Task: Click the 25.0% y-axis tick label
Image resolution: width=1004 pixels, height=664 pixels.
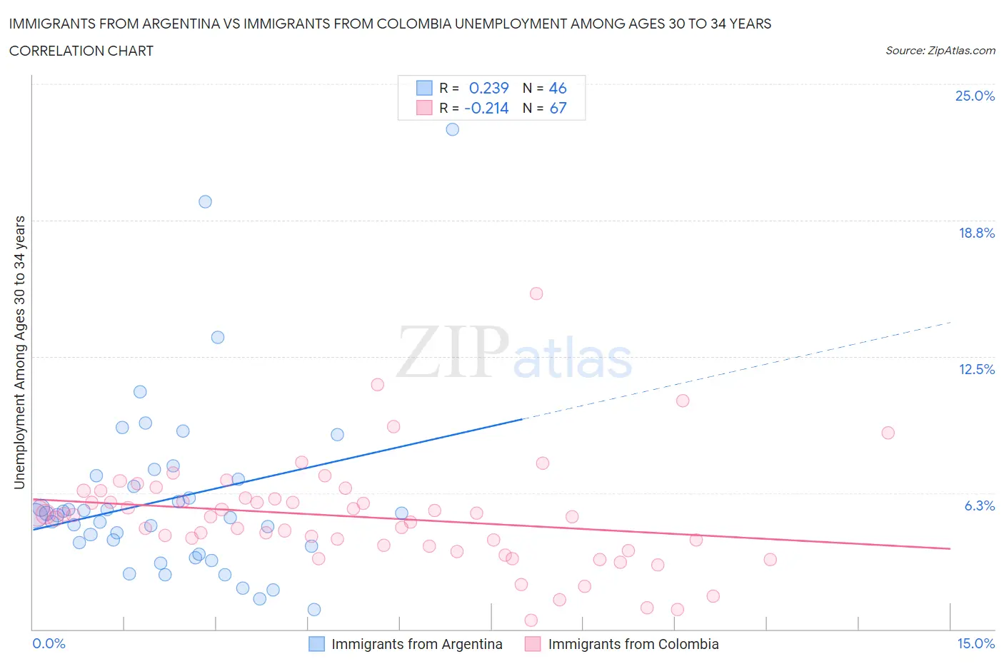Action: point(975,96)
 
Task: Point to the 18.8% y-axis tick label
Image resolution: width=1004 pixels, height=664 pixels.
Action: point(976,233)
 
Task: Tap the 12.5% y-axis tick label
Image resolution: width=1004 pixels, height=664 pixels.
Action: point(976,369)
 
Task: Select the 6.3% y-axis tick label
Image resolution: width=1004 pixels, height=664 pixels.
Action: point(979,505)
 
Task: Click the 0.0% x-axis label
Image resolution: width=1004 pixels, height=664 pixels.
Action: point(49,643)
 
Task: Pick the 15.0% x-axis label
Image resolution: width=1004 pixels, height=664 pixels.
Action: point(975,643)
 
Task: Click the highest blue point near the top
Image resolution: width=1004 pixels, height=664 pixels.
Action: point(452,129)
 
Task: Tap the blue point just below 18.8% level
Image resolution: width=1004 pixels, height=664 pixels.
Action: point(205,201)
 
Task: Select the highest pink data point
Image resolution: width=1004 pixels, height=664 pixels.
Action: point(536,293)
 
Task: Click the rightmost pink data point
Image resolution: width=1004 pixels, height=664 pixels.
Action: point(888,433)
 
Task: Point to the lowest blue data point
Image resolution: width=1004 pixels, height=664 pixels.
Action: point(314,609)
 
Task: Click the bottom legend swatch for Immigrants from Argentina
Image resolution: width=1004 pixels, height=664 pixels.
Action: point(316,644)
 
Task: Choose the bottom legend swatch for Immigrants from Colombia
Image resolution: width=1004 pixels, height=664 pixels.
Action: point(533,644)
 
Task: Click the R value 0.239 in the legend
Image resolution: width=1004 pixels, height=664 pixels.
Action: point(488,88)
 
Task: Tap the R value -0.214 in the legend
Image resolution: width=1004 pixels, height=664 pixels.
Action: point(486,108)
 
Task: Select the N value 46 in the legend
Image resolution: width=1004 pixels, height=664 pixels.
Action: point(558,88)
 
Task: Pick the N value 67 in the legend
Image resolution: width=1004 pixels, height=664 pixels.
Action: point(558,108)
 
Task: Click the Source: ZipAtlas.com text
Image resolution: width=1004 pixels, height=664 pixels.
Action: point(940,51)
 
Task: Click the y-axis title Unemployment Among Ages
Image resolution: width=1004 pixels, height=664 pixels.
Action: point(19,352)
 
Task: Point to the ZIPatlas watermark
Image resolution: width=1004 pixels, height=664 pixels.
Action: point(514,353)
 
